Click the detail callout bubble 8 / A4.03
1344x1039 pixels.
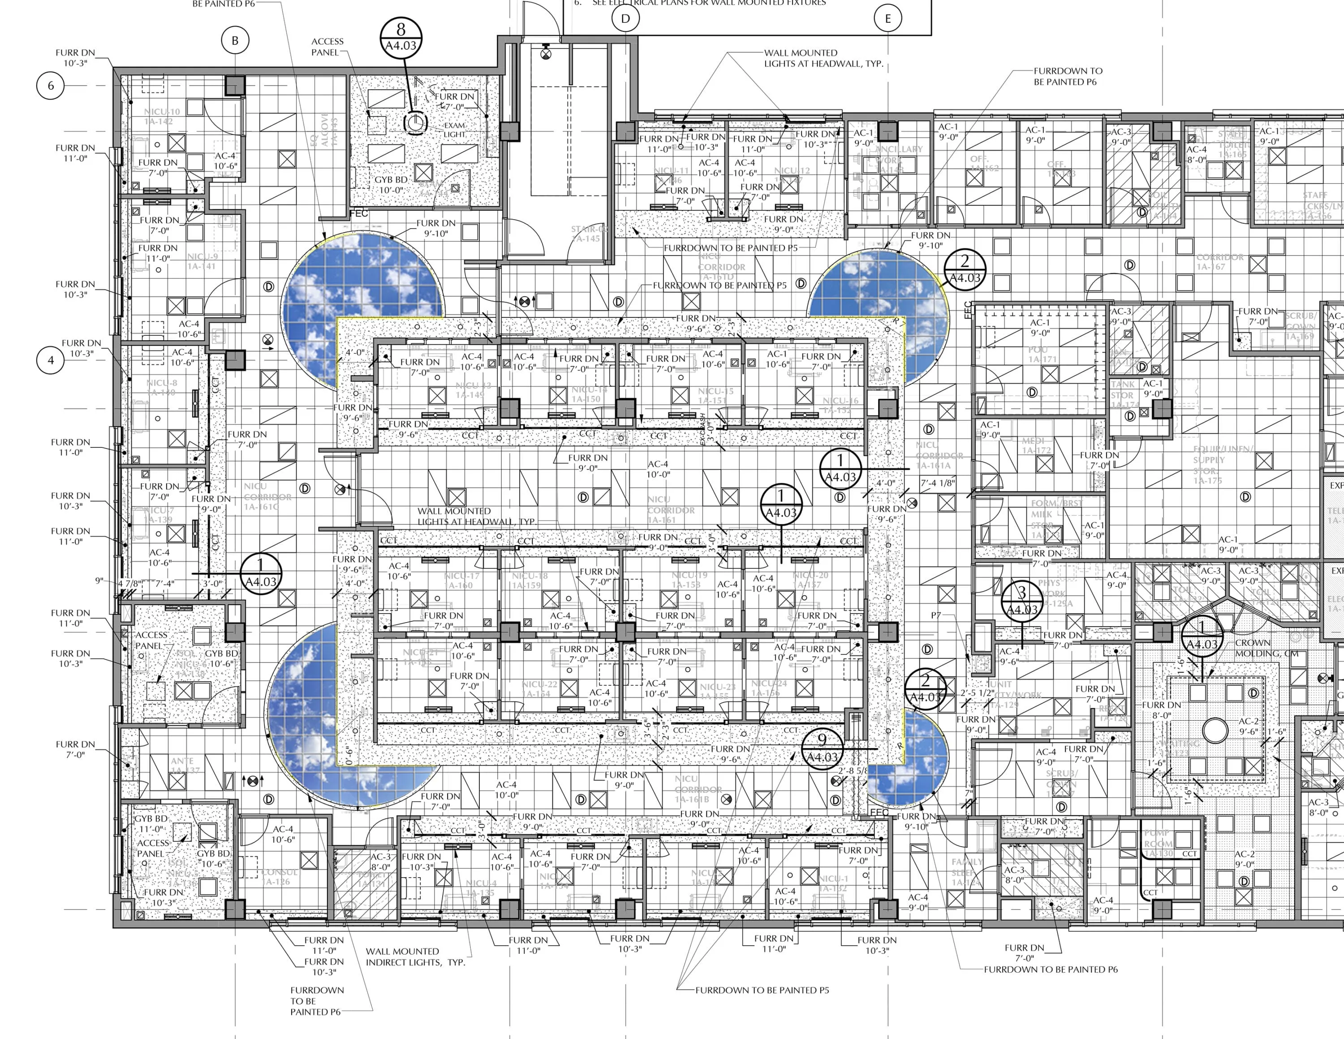(401, 38)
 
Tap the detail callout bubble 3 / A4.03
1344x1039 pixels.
(1021, 601)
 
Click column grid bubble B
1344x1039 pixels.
(234, 41)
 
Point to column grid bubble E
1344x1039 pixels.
(887, 18)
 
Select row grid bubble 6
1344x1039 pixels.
(51, 86)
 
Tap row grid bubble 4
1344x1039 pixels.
(51, 360)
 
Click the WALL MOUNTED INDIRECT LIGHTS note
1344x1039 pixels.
(415, 957)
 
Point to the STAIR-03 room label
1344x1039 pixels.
(588, 234)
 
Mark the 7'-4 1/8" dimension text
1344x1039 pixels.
(937, 483)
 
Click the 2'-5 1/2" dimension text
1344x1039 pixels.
(977, 693)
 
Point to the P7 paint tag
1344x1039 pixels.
(935, 615)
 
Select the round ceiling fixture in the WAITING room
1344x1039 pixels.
(1215, 731)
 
